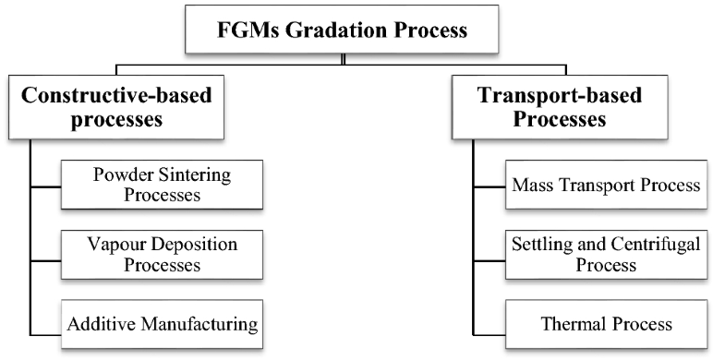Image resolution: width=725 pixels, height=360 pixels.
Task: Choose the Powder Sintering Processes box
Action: (162, 184)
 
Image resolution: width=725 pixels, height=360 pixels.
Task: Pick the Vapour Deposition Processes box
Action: (162, 254)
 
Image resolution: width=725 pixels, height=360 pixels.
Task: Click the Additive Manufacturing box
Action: (162, 324)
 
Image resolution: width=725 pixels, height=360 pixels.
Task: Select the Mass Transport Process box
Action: (606, 184)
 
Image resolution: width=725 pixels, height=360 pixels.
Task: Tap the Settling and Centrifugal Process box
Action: (606, 254)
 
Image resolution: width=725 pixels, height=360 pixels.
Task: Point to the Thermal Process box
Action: (606, 324)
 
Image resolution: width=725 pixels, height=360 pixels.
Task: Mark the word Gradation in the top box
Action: (334, 30)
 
